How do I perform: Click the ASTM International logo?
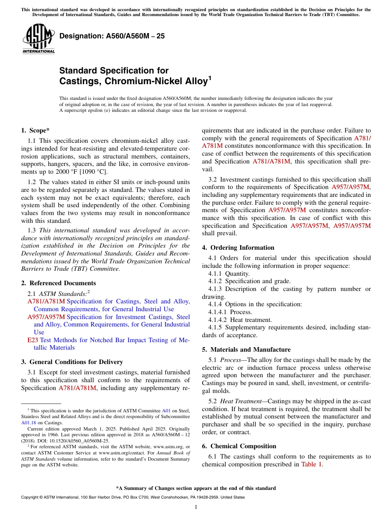pyautogui.click(x=38, y=39)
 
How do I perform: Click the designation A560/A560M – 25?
pyautogui.click(x=112, y=36)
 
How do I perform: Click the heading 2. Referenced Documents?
pyautogui.click(x=58, y=283)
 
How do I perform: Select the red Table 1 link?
pyautogui.click(x=312, y=464)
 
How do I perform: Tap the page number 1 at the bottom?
pyautogui.click(x=196, y=507)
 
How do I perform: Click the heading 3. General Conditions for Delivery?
pyautogui.click(x=72, y=362)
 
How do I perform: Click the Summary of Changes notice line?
pyautogui.click(x=196, y=488)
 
